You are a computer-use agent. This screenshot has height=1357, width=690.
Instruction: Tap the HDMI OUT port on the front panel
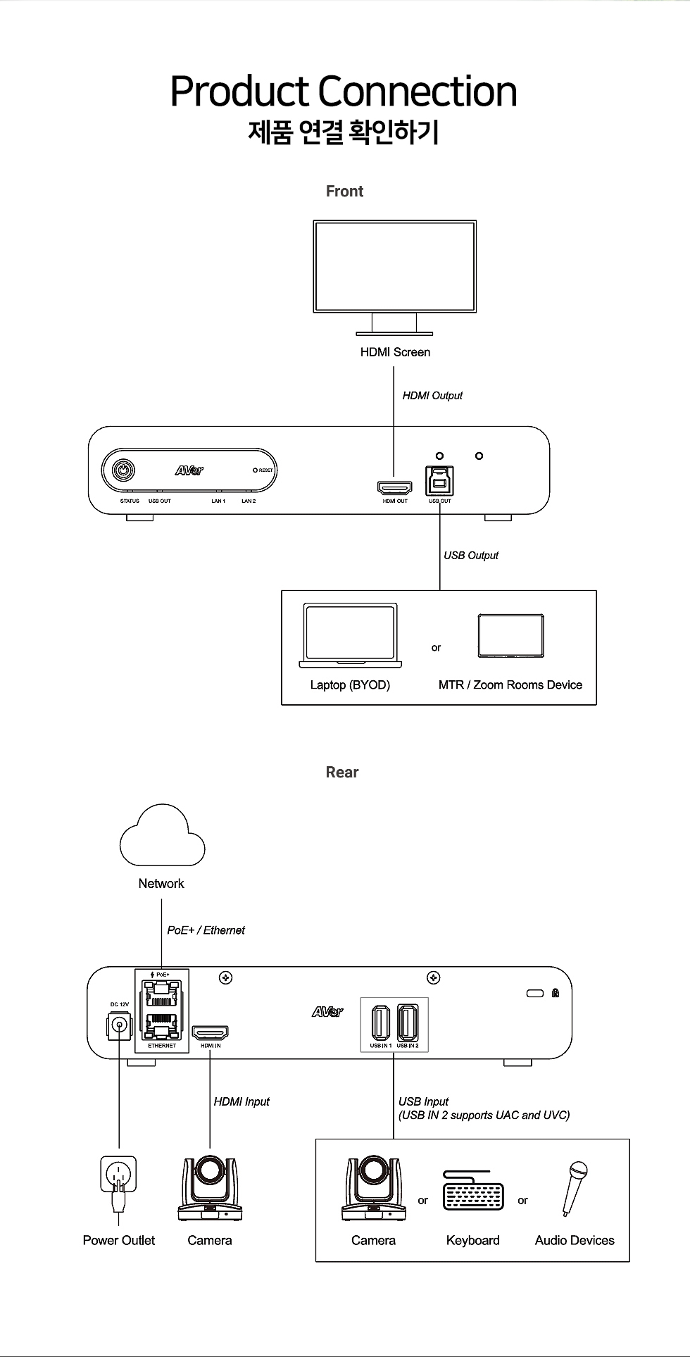coord(394,487)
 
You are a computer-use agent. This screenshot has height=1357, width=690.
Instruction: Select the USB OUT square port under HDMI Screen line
coord(439,481)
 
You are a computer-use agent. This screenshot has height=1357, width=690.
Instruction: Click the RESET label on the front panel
coord(265,470)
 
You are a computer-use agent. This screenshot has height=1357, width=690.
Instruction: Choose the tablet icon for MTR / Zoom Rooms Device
coord(510,635)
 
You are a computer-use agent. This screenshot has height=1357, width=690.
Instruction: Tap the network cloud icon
coord(163,837)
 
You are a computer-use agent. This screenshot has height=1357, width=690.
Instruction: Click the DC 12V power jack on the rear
coord(119,1025)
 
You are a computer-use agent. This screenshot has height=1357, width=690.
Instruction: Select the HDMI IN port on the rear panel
coord(211,1033)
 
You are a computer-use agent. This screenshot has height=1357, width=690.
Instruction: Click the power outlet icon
coord(118,1177)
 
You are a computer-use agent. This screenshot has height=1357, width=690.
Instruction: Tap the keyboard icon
coord(473,1191)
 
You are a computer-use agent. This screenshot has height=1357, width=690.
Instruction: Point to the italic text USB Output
coord(471,556)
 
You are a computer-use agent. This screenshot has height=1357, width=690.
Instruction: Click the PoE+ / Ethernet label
coord(206,930)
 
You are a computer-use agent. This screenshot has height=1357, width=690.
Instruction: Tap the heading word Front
coord(344,192)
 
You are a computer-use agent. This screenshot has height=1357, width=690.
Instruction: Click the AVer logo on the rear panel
coord(327,1012)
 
